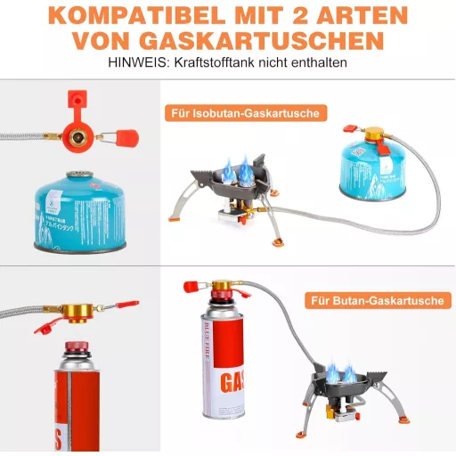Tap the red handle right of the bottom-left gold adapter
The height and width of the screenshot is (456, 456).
coord(126,306)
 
